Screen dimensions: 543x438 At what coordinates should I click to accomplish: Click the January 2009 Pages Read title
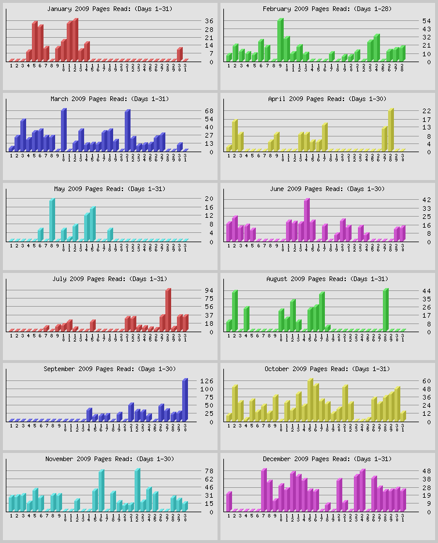110,9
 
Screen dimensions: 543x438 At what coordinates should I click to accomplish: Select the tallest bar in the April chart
390,129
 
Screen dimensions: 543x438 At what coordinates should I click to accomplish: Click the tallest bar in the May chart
52,220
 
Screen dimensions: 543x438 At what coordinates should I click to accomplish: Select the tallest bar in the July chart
168,310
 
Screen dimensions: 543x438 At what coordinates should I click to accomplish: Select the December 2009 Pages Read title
327,459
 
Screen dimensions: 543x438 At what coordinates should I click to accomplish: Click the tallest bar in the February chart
280,39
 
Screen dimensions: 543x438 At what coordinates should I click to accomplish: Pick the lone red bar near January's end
179,54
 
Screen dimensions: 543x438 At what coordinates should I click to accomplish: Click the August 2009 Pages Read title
327,279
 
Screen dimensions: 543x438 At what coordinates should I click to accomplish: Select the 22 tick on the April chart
426,111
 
